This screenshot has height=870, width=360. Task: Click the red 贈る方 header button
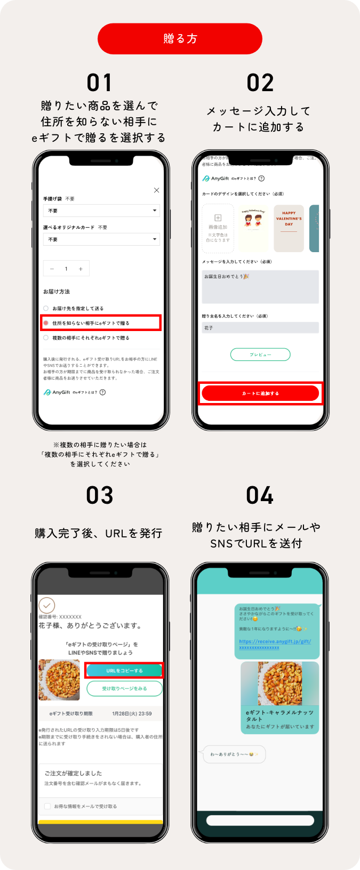(x=180, y=38)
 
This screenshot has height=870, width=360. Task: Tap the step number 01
(x=100, y=83)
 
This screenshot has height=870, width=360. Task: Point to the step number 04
(x=260, y=495)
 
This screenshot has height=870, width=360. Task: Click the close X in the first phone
(x=156, y=190)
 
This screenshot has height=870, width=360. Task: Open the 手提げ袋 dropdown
(x=101, y=211)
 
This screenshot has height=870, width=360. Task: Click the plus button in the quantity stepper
(x=81, y=269)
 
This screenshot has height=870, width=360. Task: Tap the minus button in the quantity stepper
(x=52, y=269)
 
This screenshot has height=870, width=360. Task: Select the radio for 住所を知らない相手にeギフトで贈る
(x=46, y=323)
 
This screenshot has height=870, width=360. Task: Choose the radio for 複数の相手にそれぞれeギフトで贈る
(x=46, y=337)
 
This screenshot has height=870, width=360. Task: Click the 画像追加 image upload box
(x=218, y=228)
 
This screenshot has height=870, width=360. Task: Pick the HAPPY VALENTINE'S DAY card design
(x=289, y=228)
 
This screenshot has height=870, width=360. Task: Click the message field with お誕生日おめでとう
(x=260, y=286)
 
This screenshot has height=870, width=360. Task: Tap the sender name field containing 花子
(x=260, y=328)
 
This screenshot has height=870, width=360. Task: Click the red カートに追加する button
(x=260, y=393)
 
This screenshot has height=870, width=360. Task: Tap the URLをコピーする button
(x=124, y=671)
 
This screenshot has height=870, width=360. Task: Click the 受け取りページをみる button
(x=124, y=688)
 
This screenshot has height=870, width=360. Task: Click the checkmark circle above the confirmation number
(x=47, y=605)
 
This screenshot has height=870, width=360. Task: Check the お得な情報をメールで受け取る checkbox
(x=47, y=806)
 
